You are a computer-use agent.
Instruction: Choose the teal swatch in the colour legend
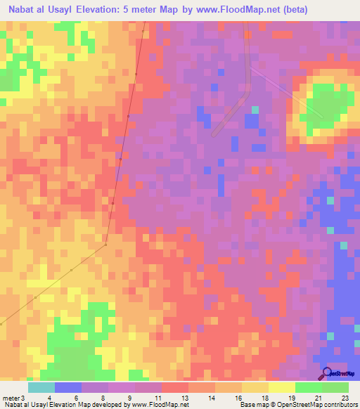click(x=41, y=387)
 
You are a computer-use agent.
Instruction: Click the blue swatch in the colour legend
click(x=68, y=387)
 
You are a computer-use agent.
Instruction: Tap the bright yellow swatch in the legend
click(x=282, y=387)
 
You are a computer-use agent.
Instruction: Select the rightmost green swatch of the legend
click(x=335, y=387)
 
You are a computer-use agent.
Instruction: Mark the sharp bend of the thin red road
click(x=105, y=245)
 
